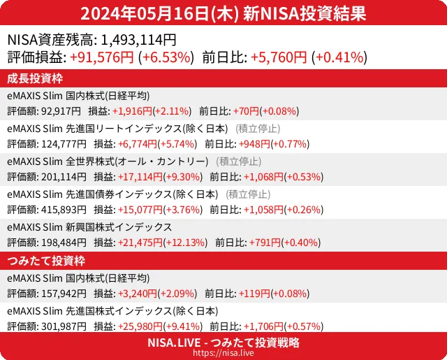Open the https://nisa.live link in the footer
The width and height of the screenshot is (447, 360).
pyautogui.click(x=223, y=354)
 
